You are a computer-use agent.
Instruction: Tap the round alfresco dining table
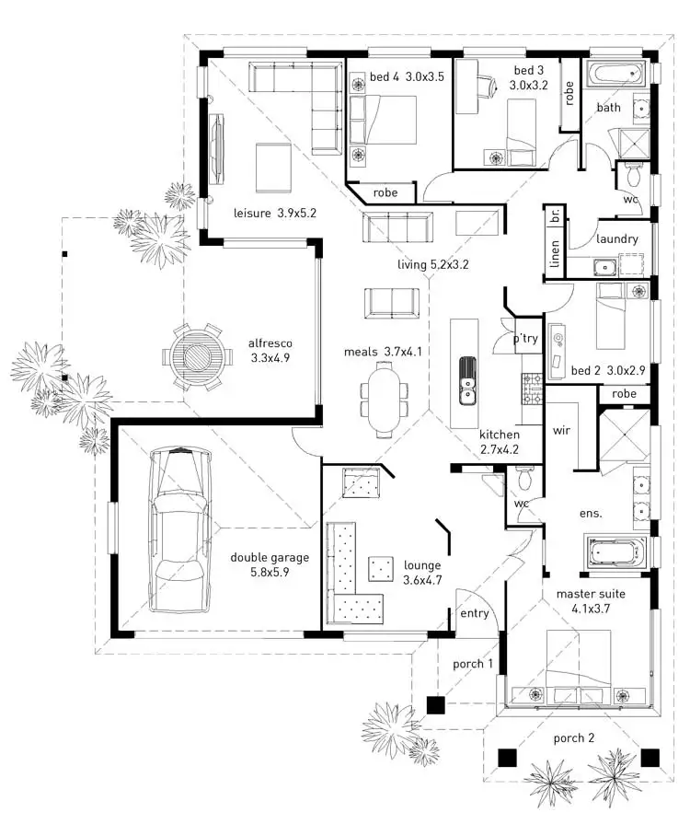pos(195,355)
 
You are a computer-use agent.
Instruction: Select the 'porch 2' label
pos(573,738)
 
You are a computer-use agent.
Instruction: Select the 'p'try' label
pos(525,338)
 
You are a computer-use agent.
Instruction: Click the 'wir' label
pos(563,430)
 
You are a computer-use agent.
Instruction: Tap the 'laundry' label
pos(616,238)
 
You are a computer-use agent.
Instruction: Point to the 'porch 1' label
pos(473,664)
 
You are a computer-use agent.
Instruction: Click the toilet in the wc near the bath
pos(633,175)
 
